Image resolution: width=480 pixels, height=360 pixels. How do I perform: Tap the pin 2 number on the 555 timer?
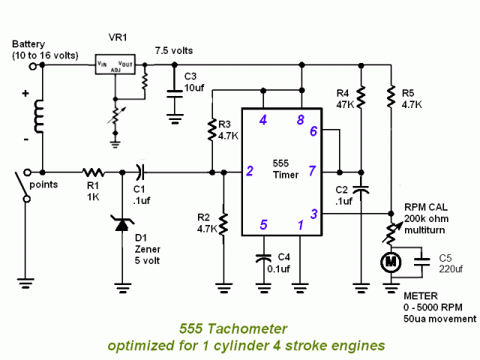249,172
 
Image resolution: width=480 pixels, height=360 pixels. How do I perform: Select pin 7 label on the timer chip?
313,172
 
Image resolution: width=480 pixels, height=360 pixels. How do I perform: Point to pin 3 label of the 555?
313,214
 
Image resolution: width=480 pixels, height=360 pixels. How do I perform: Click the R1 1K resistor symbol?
92,172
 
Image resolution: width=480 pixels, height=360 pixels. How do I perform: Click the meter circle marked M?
391,261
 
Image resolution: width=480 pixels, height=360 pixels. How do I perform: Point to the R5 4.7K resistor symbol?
391,96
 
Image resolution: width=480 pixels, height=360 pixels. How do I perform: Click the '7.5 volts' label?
174,51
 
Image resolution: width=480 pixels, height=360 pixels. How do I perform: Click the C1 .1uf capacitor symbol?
139,172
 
